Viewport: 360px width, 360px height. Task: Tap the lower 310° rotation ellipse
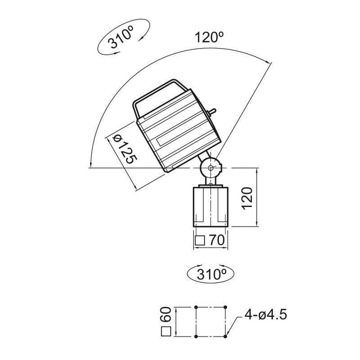211,273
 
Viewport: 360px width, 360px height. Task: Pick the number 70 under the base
216,241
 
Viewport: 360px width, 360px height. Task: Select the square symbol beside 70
200,241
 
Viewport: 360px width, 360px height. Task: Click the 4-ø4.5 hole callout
265,314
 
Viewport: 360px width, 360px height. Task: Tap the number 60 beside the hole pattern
166,315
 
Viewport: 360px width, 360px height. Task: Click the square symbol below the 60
166,333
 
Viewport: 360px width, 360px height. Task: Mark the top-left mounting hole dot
197,307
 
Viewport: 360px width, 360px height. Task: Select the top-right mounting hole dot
226,307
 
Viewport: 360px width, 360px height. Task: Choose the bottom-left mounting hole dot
197,336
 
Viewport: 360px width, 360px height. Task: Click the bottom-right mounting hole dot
226,336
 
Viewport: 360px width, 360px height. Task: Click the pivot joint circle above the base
211,168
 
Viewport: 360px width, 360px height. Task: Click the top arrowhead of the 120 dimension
256,171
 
